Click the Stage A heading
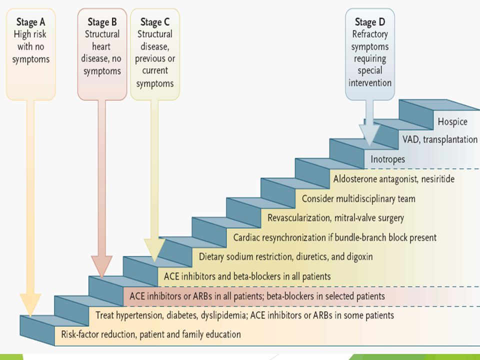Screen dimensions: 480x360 pyautogui.click(x=30, y=22)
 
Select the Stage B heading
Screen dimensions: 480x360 pyautogui.click(x=102, y=22)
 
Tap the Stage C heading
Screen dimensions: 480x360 pyautogui.click(x=155, y=22)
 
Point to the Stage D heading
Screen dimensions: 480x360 pyautogui.click(x=370, y=22)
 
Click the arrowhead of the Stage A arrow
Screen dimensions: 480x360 pyautogui.click(x=30, y=304)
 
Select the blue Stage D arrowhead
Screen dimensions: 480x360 pyautogui.click(x=369, y=134)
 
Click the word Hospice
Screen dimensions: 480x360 pyautogui.click(x=452, y=122)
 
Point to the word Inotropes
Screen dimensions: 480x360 pyautogui.click(x=388, y=159)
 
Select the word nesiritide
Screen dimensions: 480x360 pyautogui.click(x=438, y=179)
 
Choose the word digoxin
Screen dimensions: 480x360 pyautogui.click(x=359, y=256)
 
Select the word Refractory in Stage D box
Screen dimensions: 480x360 pyautogui.click(x=370, y=34)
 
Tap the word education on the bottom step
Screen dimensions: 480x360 pyautogui.click(x=223, y=334)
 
